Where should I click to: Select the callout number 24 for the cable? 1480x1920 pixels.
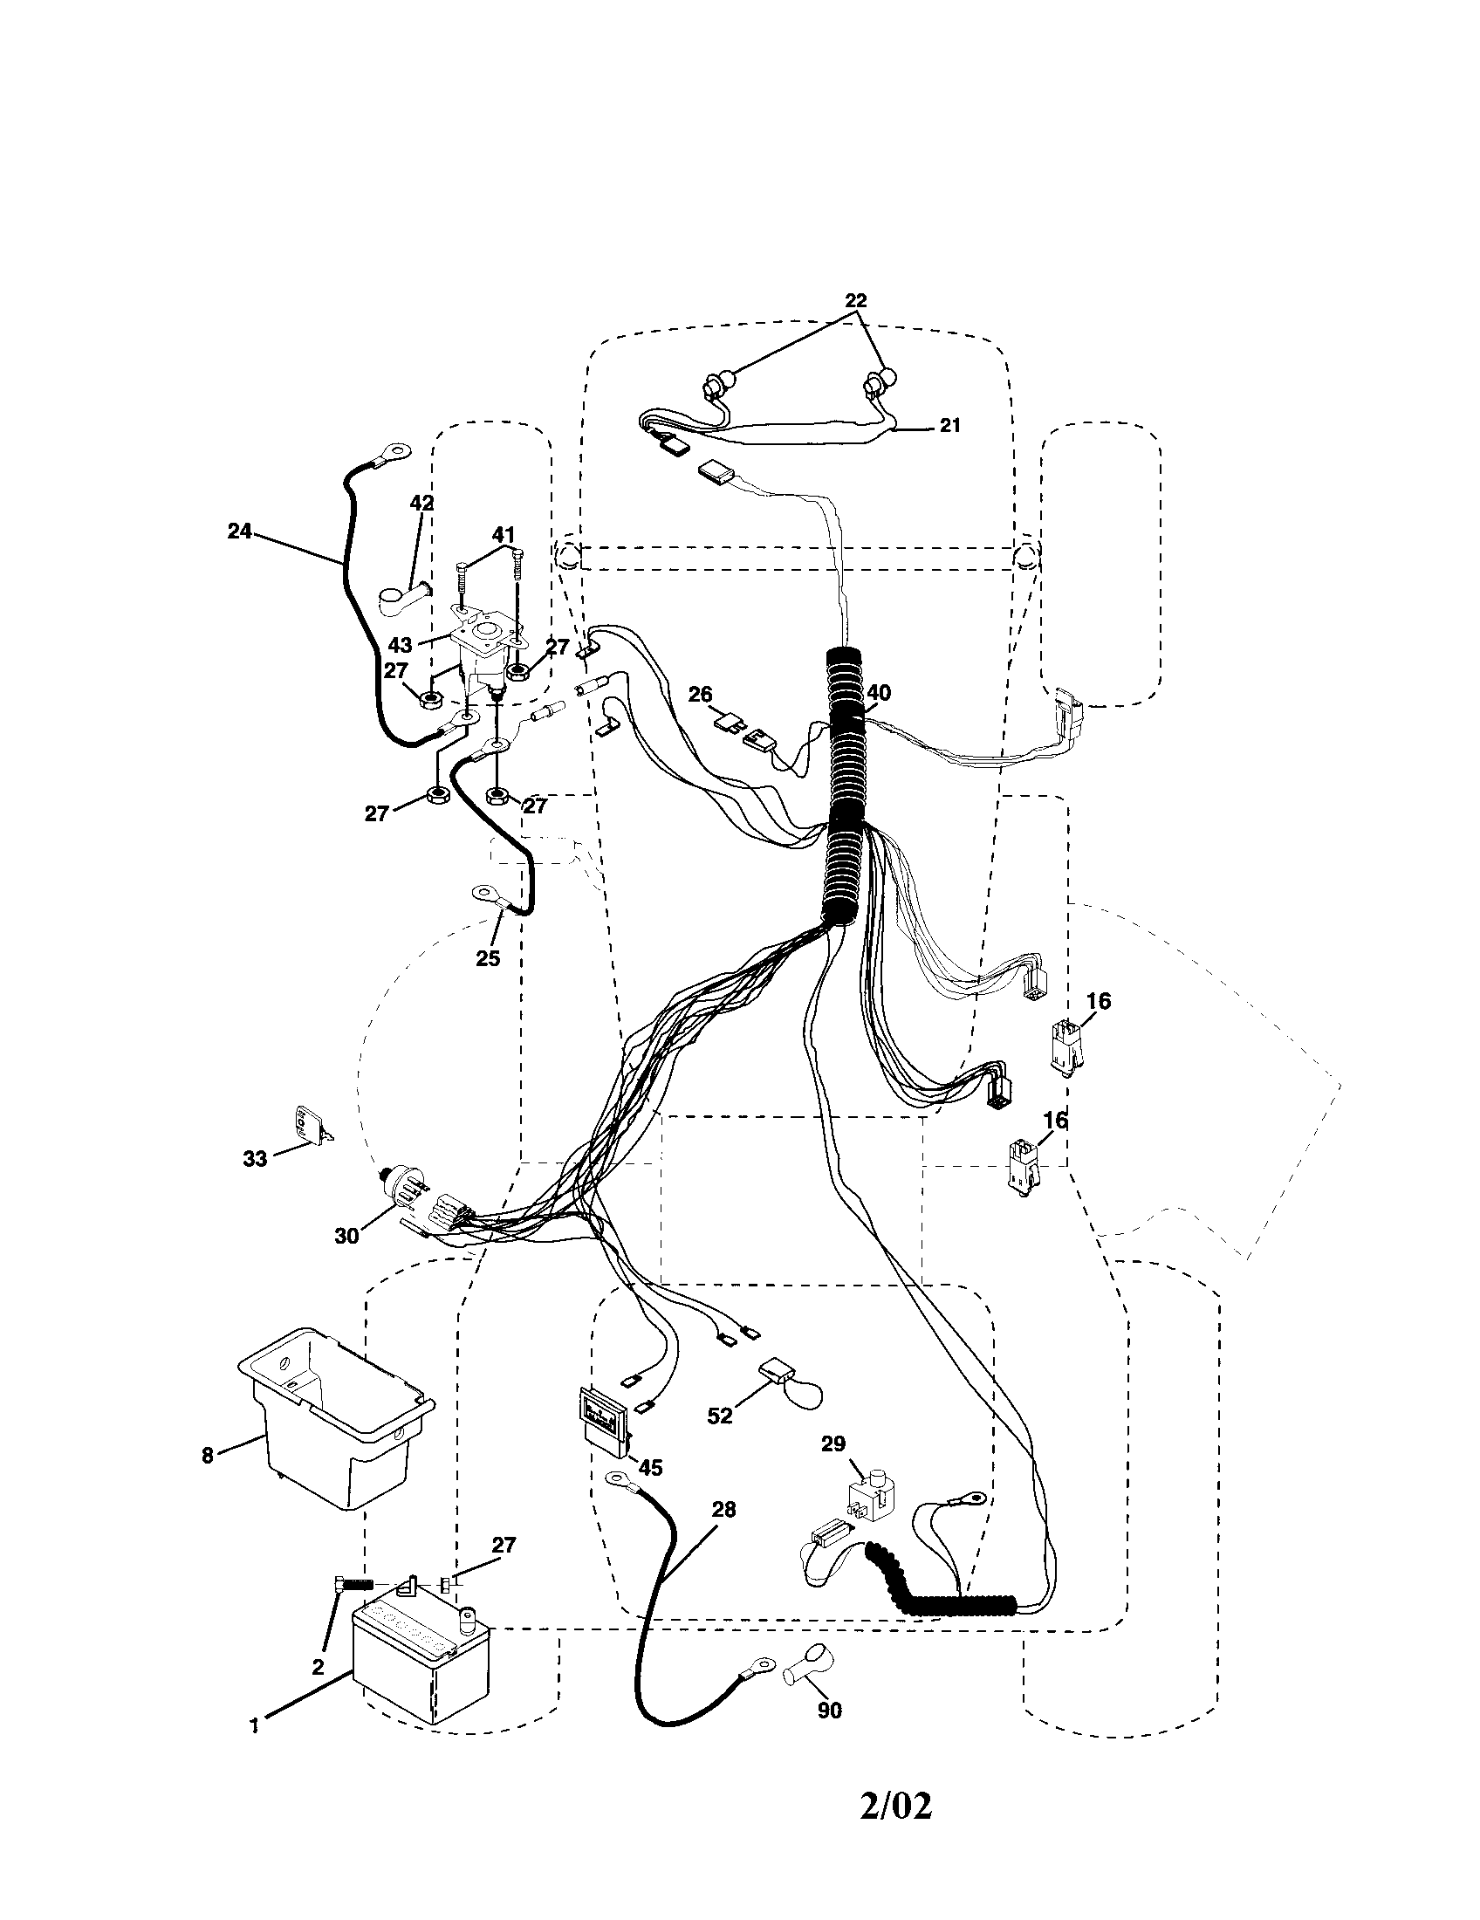pos(239,531)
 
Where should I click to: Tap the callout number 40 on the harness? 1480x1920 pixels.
pos(878,693)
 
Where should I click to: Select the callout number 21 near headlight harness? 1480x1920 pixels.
pos(950,426)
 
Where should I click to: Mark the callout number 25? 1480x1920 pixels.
pos(488,958)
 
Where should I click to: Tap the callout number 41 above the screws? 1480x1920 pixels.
pos(503,534)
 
